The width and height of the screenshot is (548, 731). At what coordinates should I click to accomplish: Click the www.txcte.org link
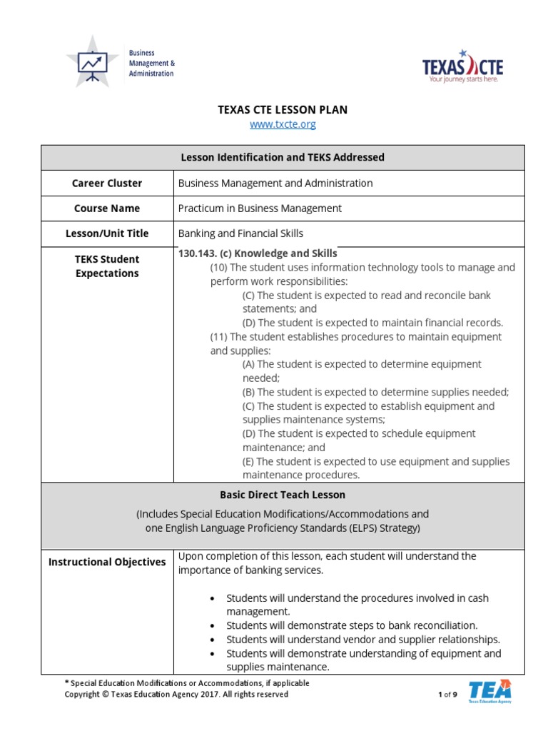pyautogui.click(x=283, y=124)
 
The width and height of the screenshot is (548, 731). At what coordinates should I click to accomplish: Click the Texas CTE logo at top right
pyautogui.click(x=462, y=67)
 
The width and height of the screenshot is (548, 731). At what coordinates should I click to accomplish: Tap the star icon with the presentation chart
pyautogui.click(x=92, y=62)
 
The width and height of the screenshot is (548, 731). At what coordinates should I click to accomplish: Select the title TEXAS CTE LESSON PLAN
pyautogui.click(x=283, y=109)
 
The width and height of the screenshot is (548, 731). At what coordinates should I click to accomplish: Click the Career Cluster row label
pyautogui.click(x=107, y=183)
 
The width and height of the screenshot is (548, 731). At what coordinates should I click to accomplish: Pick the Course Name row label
pyautogui.click(x=107, y=208)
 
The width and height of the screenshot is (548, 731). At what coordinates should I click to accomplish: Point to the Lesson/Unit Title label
pyautogui.click(x=107, y=233)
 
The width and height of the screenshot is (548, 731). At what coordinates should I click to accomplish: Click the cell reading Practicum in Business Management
pyautogui.click(x=260, y=208)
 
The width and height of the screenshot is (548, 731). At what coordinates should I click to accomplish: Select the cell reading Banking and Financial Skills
pyautogui.click(x=240, y=233)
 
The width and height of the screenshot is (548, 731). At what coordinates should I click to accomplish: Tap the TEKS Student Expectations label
pyautogui.click(x=107, y=266)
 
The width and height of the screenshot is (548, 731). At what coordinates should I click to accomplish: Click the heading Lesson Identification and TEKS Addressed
pyautogui.click(x=283, y=157)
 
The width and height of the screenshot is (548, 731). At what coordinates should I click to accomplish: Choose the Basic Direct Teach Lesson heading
pyautogui.click(x=283, y=495)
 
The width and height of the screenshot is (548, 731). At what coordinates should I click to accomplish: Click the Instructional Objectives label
pyautogui.click(x=107, y=562)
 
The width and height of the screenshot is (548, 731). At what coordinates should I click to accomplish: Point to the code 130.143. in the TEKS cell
pyautogui.click(x=198, y=253)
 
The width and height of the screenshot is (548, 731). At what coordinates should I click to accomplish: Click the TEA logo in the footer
pyautogui.click(x=489, y=691)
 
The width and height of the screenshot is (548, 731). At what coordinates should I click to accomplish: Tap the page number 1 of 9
pyautogui.click(x=447, y=694)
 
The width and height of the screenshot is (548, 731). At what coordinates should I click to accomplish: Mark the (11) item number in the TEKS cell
pyautogui.click(x=219, y=337)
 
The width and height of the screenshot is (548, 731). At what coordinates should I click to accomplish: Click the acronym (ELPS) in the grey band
pyautogui.click(x=362, y=528)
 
